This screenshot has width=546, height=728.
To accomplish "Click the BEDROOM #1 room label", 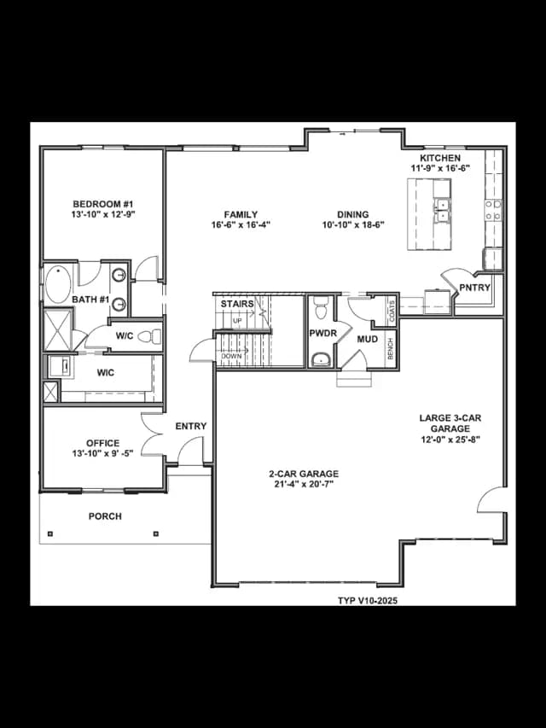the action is click(103, 204).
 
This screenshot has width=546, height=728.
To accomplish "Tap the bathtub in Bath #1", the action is click(58, 284).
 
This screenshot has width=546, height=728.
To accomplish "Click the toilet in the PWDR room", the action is click(321, 307).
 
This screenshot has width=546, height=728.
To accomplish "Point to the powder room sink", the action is click(321, 359).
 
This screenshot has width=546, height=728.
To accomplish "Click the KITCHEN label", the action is click(440, 159).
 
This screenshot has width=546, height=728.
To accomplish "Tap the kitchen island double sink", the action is click(443, 210).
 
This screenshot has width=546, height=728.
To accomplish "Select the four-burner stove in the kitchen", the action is click(493, 210).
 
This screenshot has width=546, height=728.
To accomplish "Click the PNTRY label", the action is click(475, 288).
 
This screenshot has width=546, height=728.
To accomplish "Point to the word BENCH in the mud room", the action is click(391, 349).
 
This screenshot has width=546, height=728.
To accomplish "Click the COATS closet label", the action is click(392, 311).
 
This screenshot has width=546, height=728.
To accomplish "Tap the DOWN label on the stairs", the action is click(231, 356).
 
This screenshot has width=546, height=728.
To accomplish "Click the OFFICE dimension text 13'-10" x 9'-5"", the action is click(102, 453).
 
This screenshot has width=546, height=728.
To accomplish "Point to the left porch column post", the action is click(50, 534).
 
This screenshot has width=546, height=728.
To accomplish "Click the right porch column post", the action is click(155, 534).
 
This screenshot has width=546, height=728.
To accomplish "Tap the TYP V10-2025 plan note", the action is click(367, 601).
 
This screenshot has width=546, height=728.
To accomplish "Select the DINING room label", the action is click(353, 214).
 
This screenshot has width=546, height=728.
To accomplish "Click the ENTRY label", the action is click(191, 426).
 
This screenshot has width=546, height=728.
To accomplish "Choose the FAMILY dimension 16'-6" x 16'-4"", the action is click(241, 224).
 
